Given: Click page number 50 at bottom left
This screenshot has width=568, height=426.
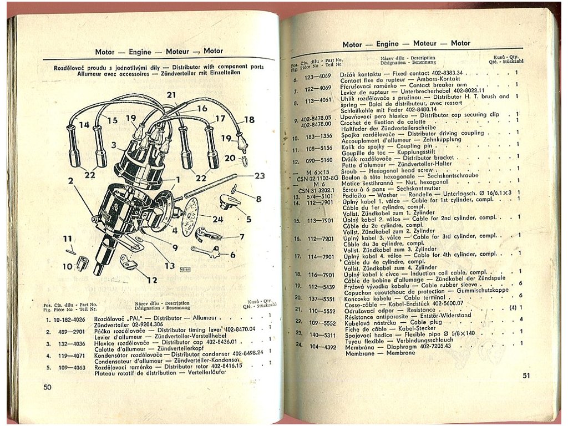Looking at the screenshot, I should [47, 387].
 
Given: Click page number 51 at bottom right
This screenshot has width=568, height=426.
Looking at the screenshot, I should [526, 376].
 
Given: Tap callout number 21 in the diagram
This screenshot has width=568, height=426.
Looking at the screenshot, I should [171, 95].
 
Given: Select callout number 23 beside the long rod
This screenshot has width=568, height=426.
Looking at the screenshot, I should [260, 176].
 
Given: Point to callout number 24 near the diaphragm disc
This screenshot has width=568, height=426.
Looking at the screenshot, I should [217, 219].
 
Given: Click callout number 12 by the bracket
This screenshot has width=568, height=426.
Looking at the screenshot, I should [151, 280].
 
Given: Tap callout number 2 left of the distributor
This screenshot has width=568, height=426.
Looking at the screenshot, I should [70, 180].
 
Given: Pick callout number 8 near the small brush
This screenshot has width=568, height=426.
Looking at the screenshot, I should [258, 198].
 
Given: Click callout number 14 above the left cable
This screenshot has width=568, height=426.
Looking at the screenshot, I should [84, 125].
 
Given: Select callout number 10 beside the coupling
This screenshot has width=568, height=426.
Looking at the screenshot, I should [68, 267].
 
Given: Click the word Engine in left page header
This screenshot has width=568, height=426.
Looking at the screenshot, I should [140, 52].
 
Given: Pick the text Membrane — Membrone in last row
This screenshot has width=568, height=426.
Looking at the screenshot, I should [372, 352].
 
